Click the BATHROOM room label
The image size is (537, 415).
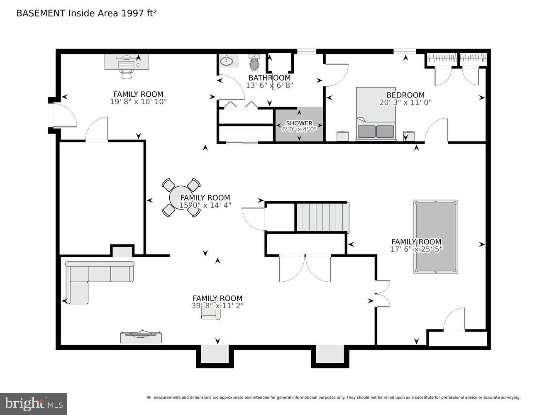269,78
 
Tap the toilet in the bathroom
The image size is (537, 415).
254,63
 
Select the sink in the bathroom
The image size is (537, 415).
227,61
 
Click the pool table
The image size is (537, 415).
435,237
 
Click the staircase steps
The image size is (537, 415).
322,217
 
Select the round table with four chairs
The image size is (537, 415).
181,198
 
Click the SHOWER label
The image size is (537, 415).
299,123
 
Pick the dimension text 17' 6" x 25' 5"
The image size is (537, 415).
417,249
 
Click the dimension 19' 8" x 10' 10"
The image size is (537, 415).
138,102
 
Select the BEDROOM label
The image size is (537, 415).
405,95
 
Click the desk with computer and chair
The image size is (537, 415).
127,65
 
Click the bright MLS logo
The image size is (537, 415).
34,404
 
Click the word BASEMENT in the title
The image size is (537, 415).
41,13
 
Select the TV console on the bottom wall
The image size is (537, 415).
141,337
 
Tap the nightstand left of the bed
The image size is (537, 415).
342,136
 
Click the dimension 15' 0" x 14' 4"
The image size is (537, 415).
205,205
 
